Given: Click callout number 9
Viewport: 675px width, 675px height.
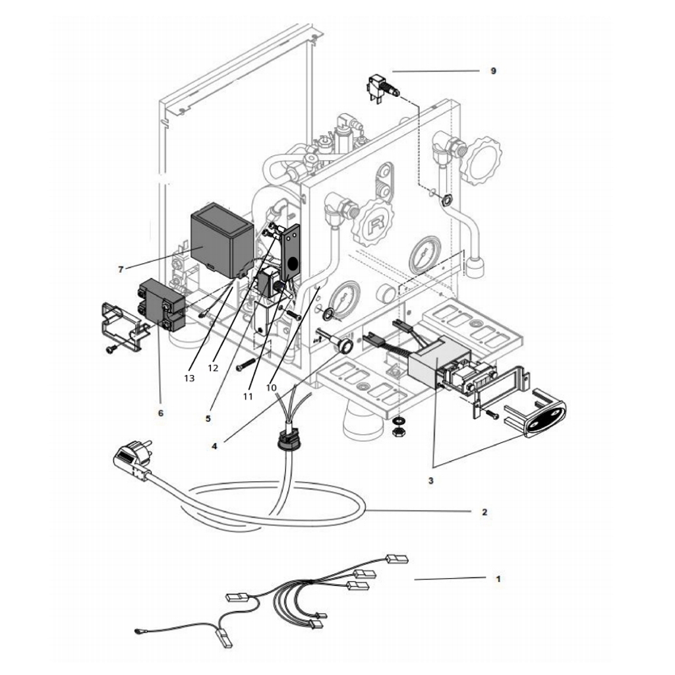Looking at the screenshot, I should [x=493, y=71].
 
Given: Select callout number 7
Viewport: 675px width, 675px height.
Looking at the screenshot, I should [x=121, y=269].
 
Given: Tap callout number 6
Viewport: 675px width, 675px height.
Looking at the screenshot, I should [x=161, y=413].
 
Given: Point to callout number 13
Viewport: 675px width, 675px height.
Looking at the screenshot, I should [x=190, y=378].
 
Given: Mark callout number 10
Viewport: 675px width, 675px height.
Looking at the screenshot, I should [x=272, y=388].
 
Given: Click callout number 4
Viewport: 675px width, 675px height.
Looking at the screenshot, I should [x=214, y=446].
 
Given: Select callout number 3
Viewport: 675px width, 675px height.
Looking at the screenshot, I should [x=430, y=481].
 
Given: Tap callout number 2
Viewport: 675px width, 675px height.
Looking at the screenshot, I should [x=484, y=512].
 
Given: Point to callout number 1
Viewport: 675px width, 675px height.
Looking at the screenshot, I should [x=498, y=579].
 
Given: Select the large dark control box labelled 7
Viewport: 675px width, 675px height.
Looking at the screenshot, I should [x=220, y=241].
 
